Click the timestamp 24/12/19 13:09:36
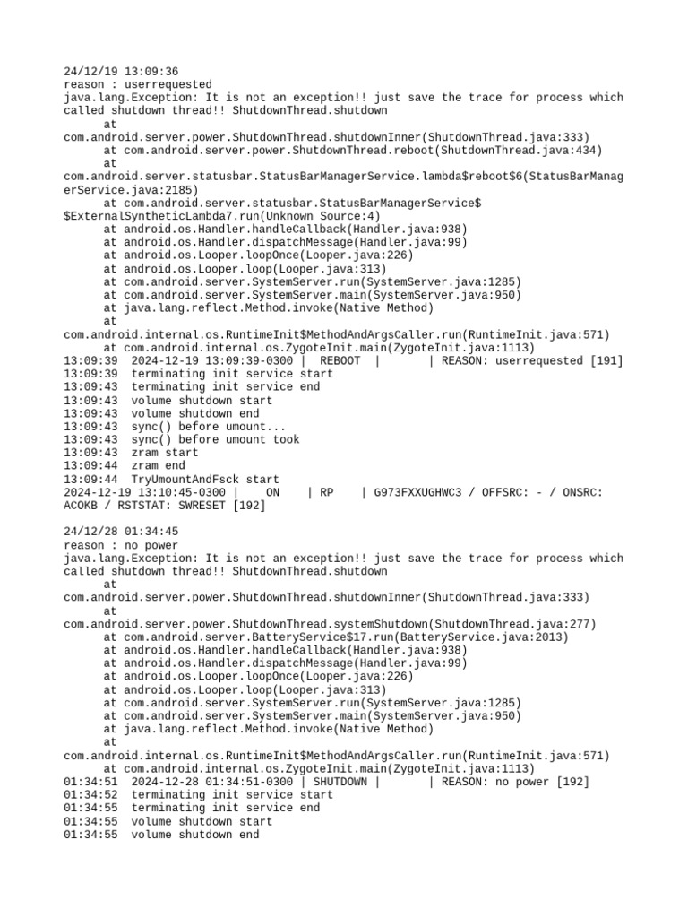[x=121, y=71]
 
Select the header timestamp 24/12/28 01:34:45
[x=121, y=532]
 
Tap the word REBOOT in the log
[x=340, y=360]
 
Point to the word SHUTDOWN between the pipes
[x=340, y=782]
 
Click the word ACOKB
[x=81, y=506]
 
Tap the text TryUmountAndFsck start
[x=205, y=480]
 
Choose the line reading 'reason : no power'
[x=121, y=545]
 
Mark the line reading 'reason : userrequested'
[x=138, y=84]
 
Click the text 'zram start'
[x=165, y=453]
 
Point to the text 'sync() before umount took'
[x=215, y=439]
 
